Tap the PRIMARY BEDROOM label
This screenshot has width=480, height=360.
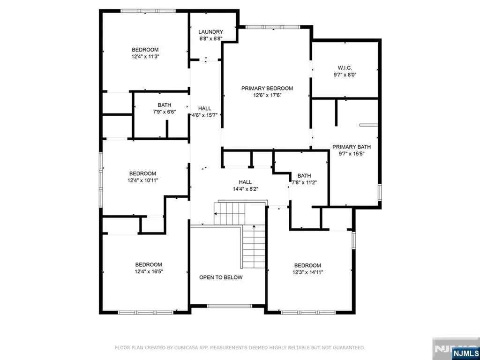(267, 88)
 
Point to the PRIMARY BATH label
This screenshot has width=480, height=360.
(348, 146)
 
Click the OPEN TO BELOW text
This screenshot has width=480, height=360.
(221, 277)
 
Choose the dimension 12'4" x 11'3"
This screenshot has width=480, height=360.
(145, 56)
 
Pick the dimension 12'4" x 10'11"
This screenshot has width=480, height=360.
(142, 180)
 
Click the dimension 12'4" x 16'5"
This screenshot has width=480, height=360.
(149, 271)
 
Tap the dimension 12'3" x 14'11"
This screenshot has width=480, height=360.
(307, 272)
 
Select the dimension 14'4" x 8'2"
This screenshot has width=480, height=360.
(245, 189)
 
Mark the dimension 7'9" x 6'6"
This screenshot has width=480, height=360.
(165, 112)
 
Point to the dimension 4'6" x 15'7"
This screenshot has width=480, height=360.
(204, 115)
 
